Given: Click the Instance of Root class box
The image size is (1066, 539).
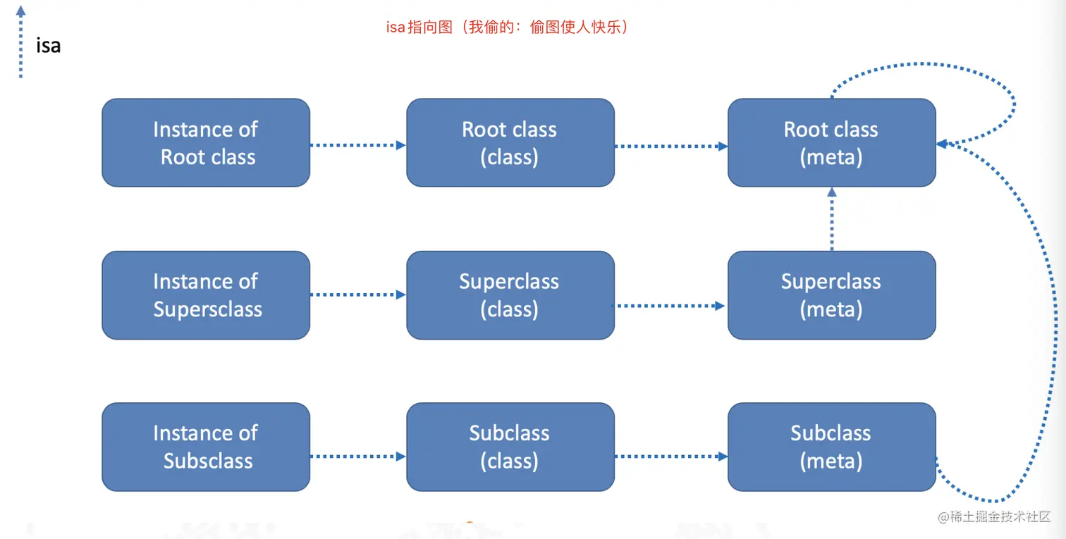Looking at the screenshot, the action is [206, 143].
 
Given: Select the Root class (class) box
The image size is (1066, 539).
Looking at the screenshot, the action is [510, 143].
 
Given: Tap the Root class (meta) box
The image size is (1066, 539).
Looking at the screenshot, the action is [831, 143].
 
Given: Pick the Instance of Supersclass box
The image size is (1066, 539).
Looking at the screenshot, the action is [206, 295].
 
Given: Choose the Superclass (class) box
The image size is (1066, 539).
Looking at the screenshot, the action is [510, 295].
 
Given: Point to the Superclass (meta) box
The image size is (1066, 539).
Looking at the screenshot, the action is [831, 295].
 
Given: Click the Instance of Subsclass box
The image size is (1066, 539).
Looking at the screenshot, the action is [206, 447].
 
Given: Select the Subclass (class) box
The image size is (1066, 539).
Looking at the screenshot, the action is [510, 447].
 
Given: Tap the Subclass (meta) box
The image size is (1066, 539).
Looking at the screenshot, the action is [831, 447].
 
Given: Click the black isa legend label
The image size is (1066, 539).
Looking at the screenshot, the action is [49, 46].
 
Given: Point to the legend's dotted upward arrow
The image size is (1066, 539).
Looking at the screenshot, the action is [20, 42].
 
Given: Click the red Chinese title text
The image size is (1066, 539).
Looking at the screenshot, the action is [508, 27].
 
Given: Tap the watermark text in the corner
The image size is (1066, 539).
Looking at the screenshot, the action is [993, 516].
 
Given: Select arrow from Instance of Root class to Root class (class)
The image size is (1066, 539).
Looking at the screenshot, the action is [358, 145].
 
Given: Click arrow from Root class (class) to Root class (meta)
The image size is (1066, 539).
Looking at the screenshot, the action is [671, 146].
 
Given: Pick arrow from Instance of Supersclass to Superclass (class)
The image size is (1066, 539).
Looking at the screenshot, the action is [358, 295].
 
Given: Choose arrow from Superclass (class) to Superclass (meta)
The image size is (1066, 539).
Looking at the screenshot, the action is [668, 306].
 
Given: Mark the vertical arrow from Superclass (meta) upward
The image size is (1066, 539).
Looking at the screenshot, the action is [832, 219].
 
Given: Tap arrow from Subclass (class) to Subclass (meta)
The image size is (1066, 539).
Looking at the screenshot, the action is [671, 457].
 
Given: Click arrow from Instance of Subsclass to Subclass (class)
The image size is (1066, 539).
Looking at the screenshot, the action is [358, 457].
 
